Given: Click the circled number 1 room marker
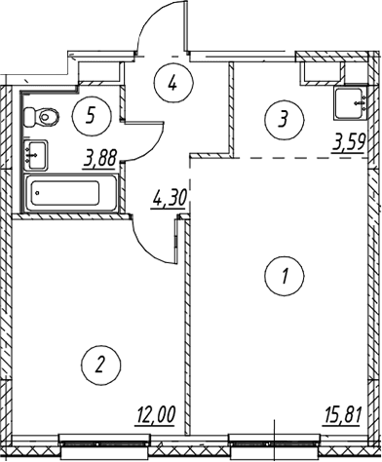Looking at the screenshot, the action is coord(285,276).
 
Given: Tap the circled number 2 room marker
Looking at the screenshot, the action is coord(101,365).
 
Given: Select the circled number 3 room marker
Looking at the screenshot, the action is coord(285,119).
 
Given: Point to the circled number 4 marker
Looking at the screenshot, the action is coord(173,83).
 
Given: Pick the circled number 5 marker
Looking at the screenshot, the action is coord(92,115).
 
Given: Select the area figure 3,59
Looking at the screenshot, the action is coord(349,143).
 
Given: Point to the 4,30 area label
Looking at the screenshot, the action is coord(169,199).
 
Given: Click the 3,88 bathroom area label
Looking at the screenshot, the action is coord(99,160).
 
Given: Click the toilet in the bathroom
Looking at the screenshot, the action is coord(42,117).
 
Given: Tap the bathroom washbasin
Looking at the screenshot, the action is coord(36,155).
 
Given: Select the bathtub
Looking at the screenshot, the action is coord(71,193).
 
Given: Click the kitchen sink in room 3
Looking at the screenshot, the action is coord(352,103).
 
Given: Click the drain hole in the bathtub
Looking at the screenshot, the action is coord(38,193).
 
